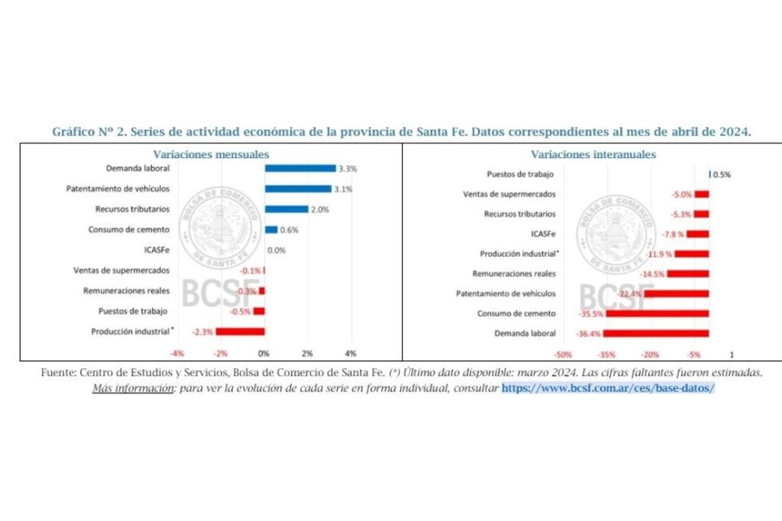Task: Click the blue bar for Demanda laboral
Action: (x=299, y=168)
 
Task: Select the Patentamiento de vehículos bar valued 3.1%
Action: (x=298, y=189)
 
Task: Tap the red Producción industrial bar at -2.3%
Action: (x=240, y=331)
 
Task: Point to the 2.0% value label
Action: (x=320, y=209)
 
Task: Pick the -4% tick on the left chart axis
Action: (x=177, y=352)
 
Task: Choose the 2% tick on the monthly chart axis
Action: (x=307, y=352)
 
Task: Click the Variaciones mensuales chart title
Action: (x=200, y=154)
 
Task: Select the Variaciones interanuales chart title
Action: (x=593, y=154)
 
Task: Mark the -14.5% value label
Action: (x=652, y=273)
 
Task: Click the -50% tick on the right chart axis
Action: (x=564, y=354)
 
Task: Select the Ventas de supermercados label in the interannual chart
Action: (x=508, y=194)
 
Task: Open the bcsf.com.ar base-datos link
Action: (x=609, y=387)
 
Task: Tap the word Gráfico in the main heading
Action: (x=76, y=131)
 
